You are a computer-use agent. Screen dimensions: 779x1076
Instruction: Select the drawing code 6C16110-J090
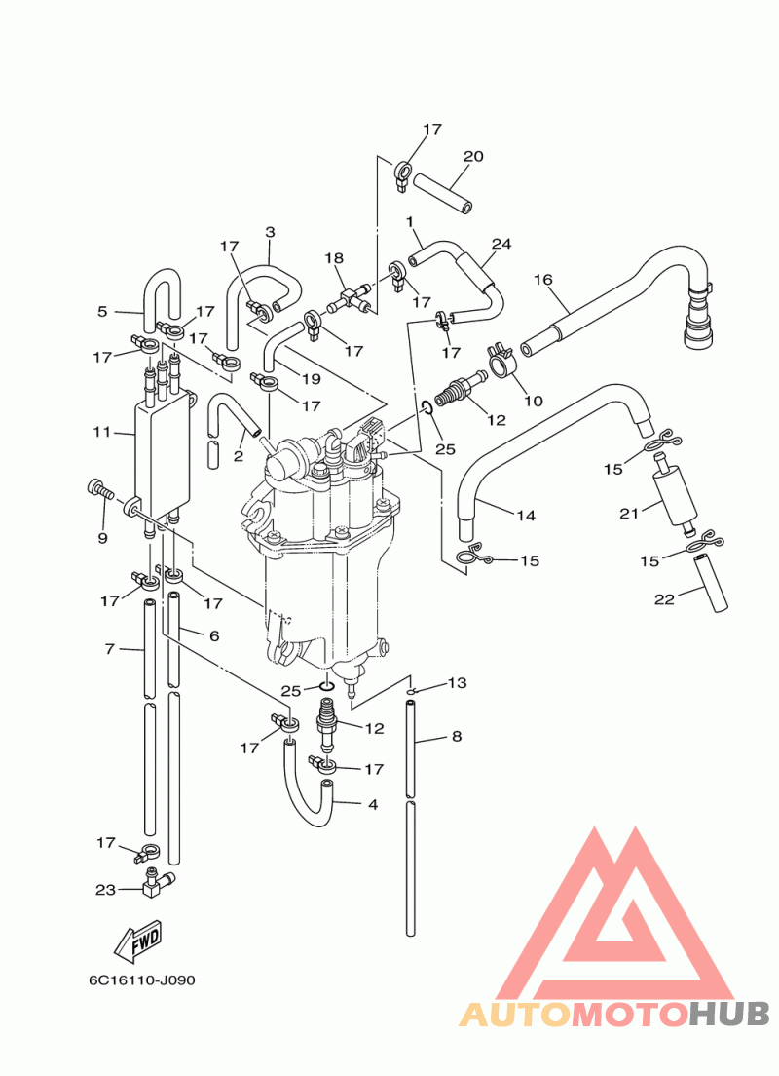click(x=142, y=980)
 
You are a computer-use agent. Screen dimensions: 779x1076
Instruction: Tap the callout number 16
click(x=542, y=280)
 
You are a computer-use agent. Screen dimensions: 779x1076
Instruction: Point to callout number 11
click(x=102, y=432)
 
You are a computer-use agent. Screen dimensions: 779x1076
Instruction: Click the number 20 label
click(x=473, y=156)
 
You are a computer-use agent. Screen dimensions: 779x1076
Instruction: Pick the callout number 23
click(x=105, y=890)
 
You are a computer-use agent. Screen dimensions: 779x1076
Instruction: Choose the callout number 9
click(x=103, y=538)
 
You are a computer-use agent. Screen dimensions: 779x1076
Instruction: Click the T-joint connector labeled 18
click(x=352, y=298)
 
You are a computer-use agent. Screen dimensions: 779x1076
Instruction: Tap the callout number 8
click(x=457, y=736)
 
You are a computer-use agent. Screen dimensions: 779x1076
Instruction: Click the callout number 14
click(x=526, y=516)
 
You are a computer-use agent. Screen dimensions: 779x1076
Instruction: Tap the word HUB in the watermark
click(x=729, y=1015)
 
